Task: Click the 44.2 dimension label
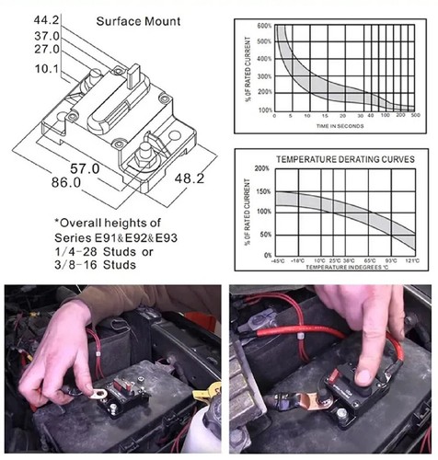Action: (46, 17)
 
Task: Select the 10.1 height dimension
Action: (46, 68)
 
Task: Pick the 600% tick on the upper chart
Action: (263, 27)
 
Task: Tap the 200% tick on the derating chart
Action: (261, 169)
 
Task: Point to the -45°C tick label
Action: (279, 259)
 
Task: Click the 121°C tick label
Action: (411, 259)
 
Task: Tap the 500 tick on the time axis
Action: (415, 116)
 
